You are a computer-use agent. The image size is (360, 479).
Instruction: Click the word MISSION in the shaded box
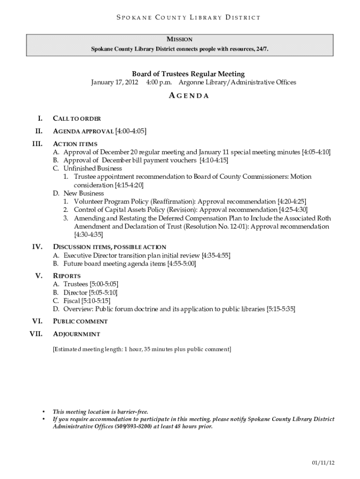tap(180, 40)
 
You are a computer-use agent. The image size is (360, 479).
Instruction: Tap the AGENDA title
tap(188, 96)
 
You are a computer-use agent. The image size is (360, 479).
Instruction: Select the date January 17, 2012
tap(114, 83)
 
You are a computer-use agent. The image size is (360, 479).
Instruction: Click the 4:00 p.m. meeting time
tap(159, 83)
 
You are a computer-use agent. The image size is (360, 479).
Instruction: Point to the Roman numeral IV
tap(37, 247)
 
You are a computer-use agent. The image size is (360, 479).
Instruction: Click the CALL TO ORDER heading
tap(77, 119)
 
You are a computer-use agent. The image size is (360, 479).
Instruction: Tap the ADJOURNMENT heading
tap(77, 334)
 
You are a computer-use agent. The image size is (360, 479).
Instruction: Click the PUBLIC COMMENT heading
tap(80, 322)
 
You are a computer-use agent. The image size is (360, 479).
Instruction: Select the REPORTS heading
tap(67, 276)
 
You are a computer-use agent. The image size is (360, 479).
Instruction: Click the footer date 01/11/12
tap(324, 463)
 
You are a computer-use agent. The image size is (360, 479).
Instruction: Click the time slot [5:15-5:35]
tap(281, 309)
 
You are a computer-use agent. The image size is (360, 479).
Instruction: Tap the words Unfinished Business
tap(93, 168)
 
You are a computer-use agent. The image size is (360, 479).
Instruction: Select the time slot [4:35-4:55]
tap(216, 255)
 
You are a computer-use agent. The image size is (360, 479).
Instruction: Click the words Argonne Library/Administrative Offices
tap(238, 83)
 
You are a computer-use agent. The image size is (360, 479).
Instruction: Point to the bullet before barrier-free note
tap(43, 412)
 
